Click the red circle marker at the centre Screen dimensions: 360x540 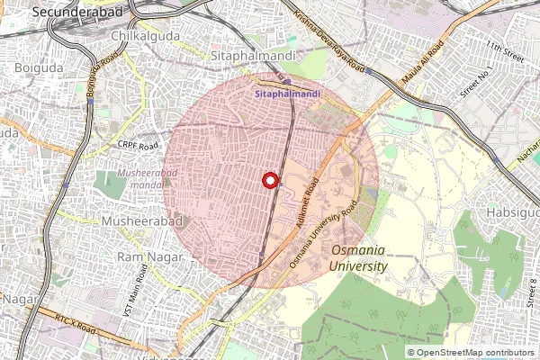click(x=269, y=180)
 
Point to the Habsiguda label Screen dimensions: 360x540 click(x=514, y=213)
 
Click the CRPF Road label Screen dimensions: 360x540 click(x=137, y=145)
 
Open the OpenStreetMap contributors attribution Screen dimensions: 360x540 click(x=477, y=352)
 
